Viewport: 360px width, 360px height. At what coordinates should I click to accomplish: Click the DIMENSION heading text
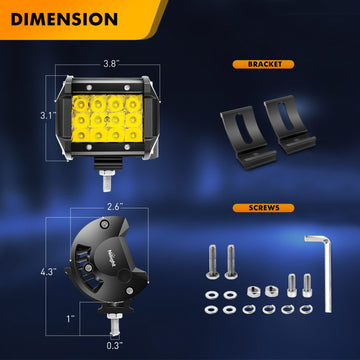[64, 19]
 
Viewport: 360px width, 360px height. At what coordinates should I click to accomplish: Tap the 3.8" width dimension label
[110, 64]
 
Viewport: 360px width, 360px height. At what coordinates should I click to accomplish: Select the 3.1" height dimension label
[48, 116]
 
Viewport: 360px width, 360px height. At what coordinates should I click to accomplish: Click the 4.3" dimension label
[48, 272]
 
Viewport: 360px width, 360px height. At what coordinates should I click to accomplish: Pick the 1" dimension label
[70, 319]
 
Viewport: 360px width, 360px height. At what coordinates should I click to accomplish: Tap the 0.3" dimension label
[115, 346]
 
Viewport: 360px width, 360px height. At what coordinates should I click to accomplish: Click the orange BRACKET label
[263, 64]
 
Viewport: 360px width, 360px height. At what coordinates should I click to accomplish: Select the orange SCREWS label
[263, 208]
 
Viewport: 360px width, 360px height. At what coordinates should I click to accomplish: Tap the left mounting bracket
[247, 137]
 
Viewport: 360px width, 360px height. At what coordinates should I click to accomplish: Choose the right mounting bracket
[289, 124]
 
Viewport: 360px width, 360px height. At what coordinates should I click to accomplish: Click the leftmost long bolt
[212, 262]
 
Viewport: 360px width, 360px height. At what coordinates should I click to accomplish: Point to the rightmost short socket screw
[307, 285]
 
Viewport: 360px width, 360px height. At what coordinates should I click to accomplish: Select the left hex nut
[254, 291]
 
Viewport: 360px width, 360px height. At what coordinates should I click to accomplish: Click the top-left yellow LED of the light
[80, 104]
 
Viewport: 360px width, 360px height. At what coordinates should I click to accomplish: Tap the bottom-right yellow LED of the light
[134, 134]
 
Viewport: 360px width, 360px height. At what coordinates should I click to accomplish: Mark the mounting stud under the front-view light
[107, 180]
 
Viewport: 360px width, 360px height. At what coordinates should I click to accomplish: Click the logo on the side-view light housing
[113, 258]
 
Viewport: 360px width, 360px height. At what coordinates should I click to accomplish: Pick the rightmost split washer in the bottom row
[306, 310]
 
